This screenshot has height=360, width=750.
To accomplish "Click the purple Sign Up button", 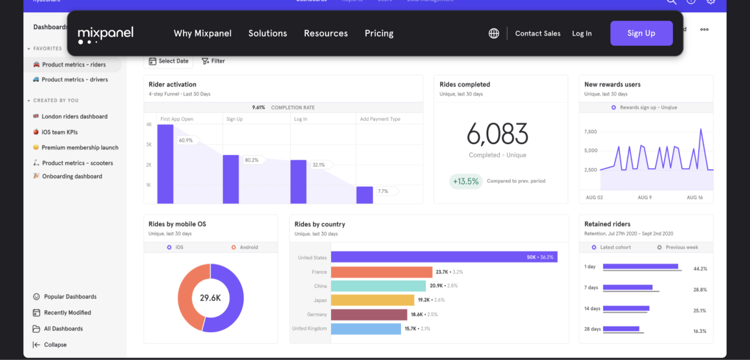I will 641,33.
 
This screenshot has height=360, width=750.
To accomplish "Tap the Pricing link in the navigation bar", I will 379,34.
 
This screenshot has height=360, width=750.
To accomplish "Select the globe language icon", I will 494,34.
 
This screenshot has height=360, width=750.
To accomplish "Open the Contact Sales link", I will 537,34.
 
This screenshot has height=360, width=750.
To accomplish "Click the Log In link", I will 581,34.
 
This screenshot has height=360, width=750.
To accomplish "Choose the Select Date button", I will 169,61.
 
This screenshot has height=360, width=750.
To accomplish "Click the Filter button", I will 213,61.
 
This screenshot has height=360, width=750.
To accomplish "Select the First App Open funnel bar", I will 166,164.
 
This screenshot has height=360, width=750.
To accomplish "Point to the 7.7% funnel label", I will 383,191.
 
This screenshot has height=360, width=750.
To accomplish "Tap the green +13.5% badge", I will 466,181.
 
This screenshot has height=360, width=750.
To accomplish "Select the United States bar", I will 444,257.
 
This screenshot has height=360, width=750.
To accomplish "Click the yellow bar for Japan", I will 372,300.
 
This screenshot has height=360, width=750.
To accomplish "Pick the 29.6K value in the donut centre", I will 210,298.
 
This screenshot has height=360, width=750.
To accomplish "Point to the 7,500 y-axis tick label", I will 590,132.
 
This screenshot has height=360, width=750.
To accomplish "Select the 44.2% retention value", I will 700,268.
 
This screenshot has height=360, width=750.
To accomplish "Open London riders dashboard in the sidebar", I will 74,116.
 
